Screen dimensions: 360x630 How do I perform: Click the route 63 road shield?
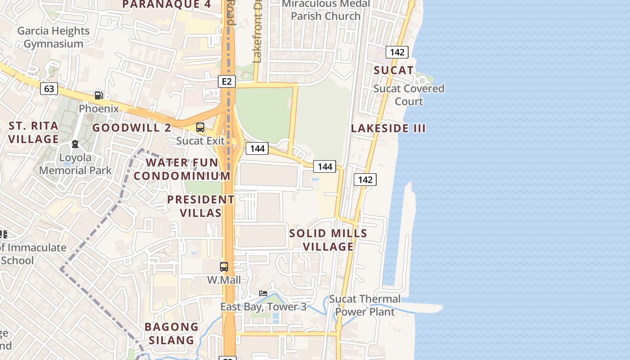coord(49,89)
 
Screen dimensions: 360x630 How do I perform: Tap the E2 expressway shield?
coord(227,81)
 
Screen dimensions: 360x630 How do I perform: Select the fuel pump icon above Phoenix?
coord(99,95)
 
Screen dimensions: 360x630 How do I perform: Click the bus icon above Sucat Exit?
coord(200,127)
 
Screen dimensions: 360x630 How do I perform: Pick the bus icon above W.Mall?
coord(224,266)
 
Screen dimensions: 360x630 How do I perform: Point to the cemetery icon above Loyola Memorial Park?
coord(75,144)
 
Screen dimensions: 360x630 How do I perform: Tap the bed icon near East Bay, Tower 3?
coord(263,293)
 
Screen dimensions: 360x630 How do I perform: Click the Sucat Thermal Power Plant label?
coord(365,305)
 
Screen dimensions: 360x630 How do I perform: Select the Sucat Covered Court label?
coord(409,94)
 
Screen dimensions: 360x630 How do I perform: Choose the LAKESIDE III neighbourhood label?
coord(388,128)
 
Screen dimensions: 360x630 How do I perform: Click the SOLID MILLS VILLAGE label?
coord(328,240)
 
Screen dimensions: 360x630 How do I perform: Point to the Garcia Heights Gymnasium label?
coord(54,37)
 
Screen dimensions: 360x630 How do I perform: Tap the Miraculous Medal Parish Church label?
coord(326,10)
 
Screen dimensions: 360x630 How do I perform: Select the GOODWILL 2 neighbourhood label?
coord(132,128)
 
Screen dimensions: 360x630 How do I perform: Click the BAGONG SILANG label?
coord(171,333)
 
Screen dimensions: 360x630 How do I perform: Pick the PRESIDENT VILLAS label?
coord(201,206)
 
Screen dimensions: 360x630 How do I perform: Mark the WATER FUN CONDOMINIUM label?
coord(182,169)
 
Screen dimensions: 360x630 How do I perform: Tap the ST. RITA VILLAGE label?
coord(34,132)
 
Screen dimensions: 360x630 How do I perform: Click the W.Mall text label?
coord(224,280)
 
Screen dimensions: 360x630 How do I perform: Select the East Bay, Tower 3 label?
coord(263,307)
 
